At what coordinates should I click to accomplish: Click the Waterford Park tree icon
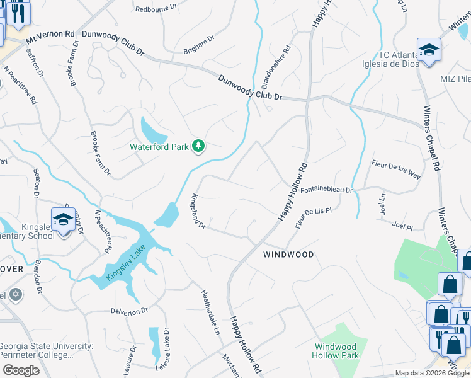(x=199, y=146)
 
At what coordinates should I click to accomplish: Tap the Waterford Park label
(x=159, y=147)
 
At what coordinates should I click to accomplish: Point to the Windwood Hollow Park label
(x=336, y=351)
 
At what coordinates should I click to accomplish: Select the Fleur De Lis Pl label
(x=313, y=217)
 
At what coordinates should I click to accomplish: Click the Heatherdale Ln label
(x=209, y=312)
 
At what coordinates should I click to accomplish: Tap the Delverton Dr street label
(x=128, y=311)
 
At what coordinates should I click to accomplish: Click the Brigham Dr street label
(x=199, y=45)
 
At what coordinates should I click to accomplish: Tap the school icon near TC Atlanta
(x=429, y=50)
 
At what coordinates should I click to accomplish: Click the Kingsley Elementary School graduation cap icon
(x=64, y=220)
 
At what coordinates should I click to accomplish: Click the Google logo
(x=21, y=370)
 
